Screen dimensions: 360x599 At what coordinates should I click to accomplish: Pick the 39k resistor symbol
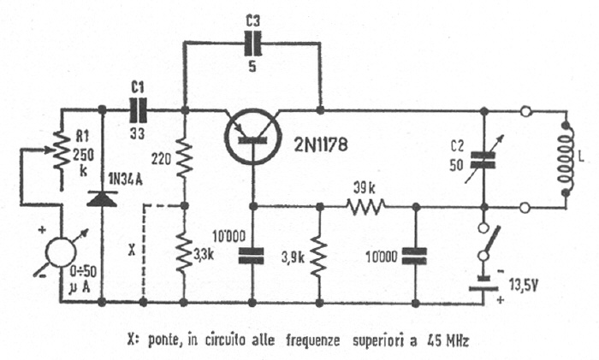point(366,205)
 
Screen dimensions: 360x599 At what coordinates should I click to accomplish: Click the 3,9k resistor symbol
point(320,254)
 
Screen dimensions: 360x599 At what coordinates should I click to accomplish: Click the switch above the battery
point(485,248)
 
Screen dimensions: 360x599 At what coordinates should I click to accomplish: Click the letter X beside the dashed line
point(131,252)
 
